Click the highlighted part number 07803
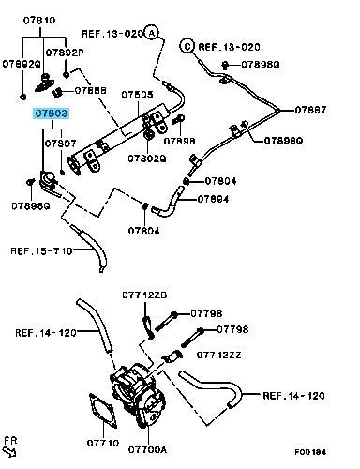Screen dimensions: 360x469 coord(52,113)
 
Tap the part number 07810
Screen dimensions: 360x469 coord(39,21)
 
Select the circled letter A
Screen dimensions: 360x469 coord(152,33)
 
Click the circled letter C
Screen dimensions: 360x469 coord(187,46)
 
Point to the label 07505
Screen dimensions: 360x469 coord(137,95)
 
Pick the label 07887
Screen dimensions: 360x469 coord(310,110)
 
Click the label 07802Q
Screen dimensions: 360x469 coord(147,159)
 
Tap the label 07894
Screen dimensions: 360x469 coord(213,199)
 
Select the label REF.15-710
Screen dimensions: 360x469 coord(41,250)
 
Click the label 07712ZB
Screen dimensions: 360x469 coord(144,295)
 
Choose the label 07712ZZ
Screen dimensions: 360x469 coord(218,356)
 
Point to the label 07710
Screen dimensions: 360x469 coord(103,443)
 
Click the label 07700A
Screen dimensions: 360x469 coord(147,449)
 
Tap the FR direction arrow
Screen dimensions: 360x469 coord(9,452)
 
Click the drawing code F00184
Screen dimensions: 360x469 coord(310,452)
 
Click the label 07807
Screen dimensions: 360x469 coord(60,144)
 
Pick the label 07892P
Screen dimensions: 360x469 coord(65,53)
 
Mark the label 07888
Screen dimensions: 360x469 coord(91,90)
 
